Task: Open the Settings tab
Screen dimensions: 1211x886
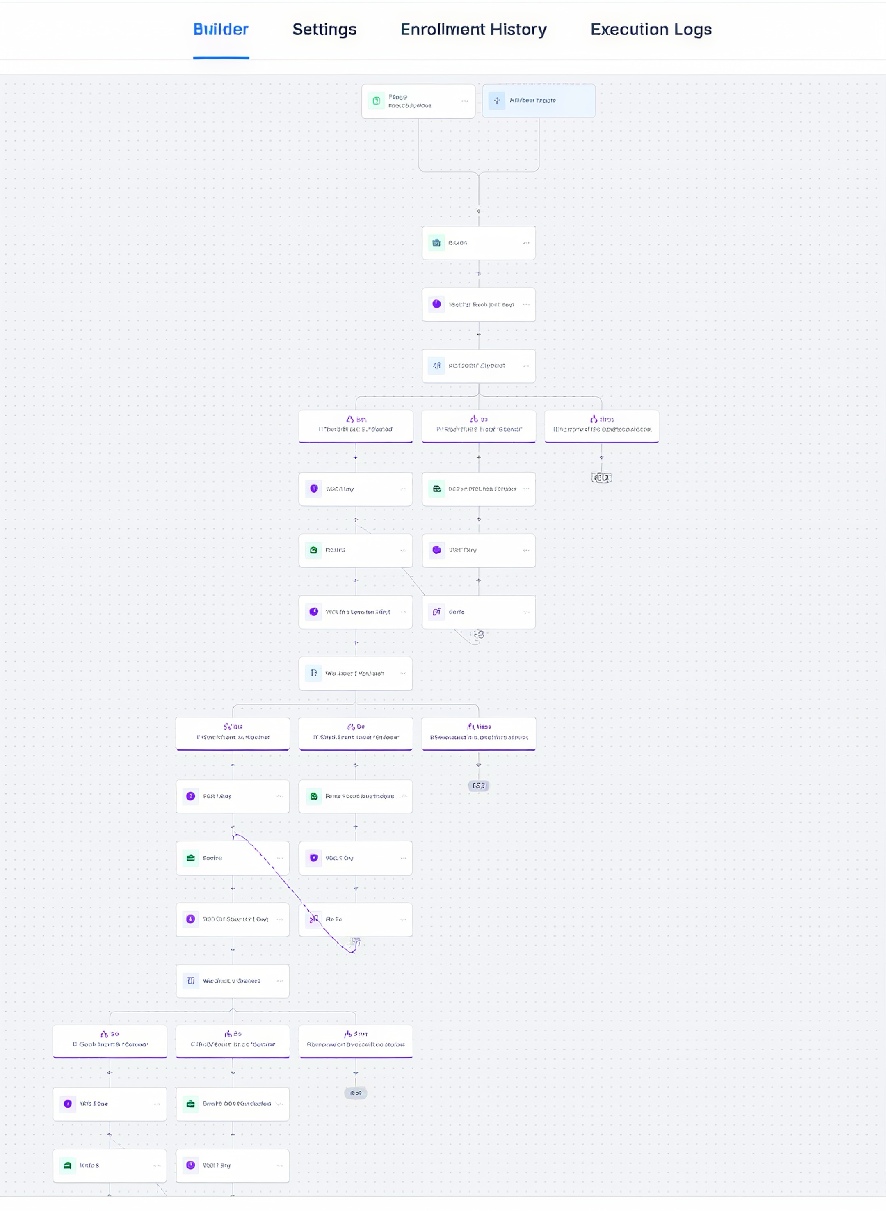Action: (x=324, y=30)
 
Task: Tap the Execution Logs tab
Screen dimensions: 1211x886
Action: (x=651, y=30)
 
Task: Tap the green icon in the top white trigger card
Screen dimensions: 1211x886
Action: (x=377, y=101)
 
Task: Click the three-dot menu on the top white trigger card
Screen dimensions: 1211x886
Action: (x=464, y=101)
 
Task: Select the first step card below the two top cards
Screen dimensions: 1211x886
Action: (x=478, y=243)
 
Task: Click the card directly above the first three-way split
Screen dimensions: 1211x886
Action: (x=478, y=366)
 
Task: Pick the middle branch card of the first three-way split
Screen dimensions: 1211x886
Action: (x=478, y=426)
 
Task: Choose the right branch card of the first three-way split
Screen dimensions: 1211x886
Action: (x=601, y=426)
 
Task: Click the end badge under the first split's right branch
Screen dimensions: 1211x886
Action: (x=601, y=478)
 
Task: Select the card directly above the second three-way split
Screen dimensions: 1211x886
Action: (x=356, y=673)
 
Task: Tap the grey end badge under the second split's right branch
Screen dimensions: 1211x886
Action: (x=478, y=786)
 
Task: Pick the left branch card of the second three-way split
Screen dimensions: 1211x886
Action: (x=233, y=733)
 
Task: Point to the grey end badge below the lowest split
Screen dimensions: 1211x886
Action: (x=356, y=1093)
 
